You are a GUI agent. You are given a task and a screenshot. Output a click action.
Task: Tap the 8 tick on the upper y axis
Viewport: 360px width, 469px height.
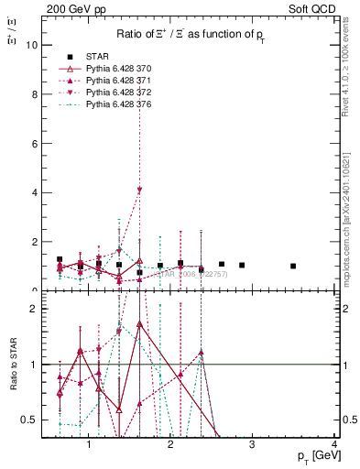tap(36, 94)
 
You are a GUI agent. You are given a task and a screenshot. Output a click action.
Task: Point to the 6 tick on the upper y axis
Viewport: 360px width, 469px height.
tap(36, 144)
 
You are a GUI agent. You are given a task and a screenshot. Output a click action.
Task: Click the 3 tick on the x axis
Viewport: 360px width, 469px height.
tap(253, 444)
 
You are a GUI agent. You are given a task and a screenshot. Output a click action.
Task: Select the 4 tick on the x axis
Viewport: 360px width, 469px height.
tap(334, 444)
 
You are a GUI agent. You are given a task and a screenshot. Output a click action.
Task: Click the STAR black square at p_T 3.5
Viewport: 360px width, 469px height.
tap(293, 266)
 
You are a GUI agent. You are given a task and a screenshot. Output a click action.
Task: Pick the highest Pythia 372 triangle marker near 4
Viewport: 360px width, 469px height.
tap(139, 190)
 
